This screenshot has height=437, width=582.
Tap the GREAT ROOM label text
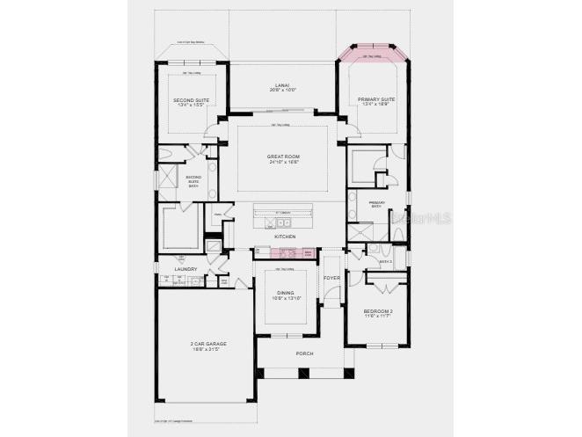pyautogui.click(x=283, y=157)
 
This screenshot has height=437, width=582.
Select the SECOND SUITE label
pyautogui.click(x=192, y=99)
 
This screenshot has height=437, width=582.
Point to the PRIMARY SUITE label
pyautogui.click(x=375, y=99)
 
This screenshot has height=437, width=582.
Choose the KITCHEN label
pyautogui.click(x=284, y=237)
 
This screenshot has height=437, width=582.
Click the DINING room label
pyautogui.click(x=285, y=293)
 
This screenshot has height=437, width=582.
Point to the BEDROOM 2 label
pyautogui.click(x=378, y=311)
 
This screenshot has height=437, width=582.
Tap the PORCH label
pyautogui.click(x=304, y=353)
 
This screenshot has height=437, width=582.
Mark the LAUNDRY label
pyautogui.click(x=186, y=269)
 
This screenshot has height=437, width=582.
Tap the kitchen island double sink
pyautogui.click(x=272, y=223)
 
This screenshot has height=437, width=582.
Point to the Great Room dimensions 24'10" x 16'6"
pyautogui.click(x=283, y=163)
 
